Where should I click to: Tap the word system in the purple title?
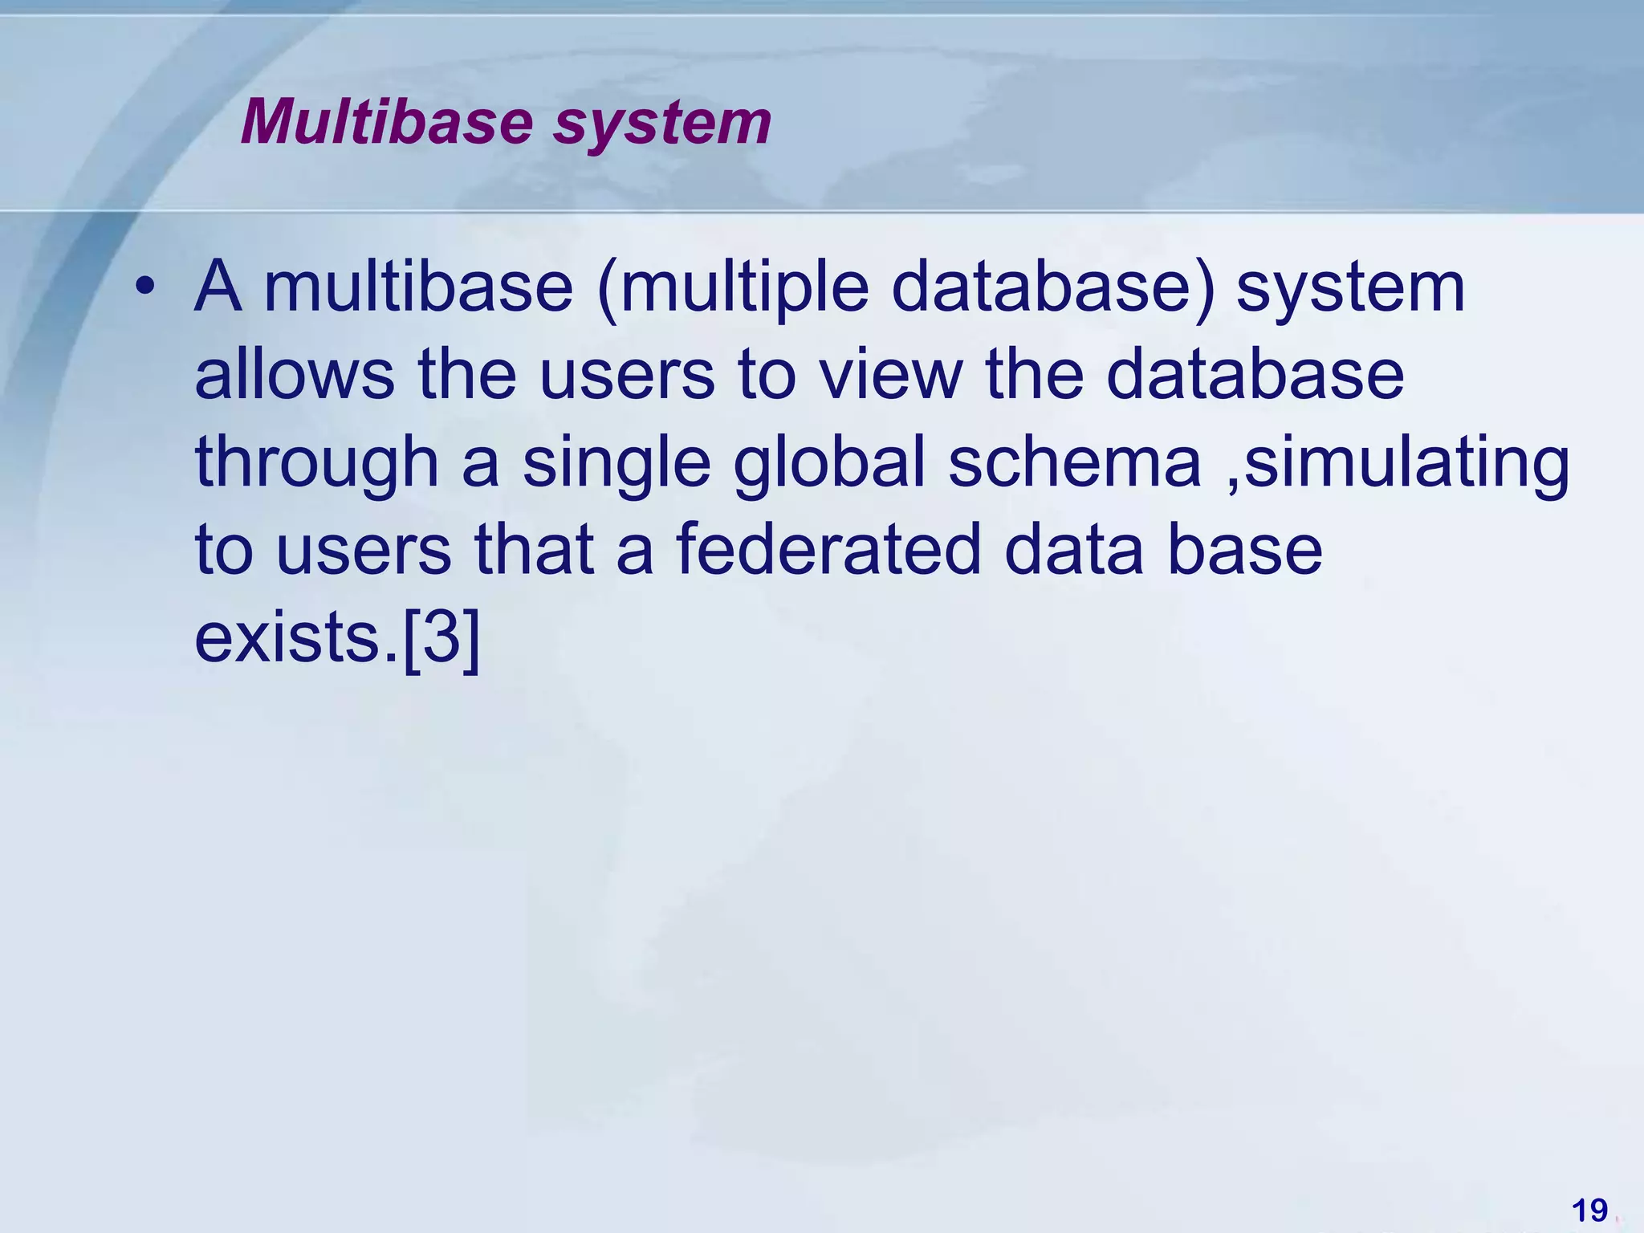point(662,124)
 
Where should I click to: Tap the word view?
point(890,375)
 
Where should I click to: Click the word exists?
point(288,639)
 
